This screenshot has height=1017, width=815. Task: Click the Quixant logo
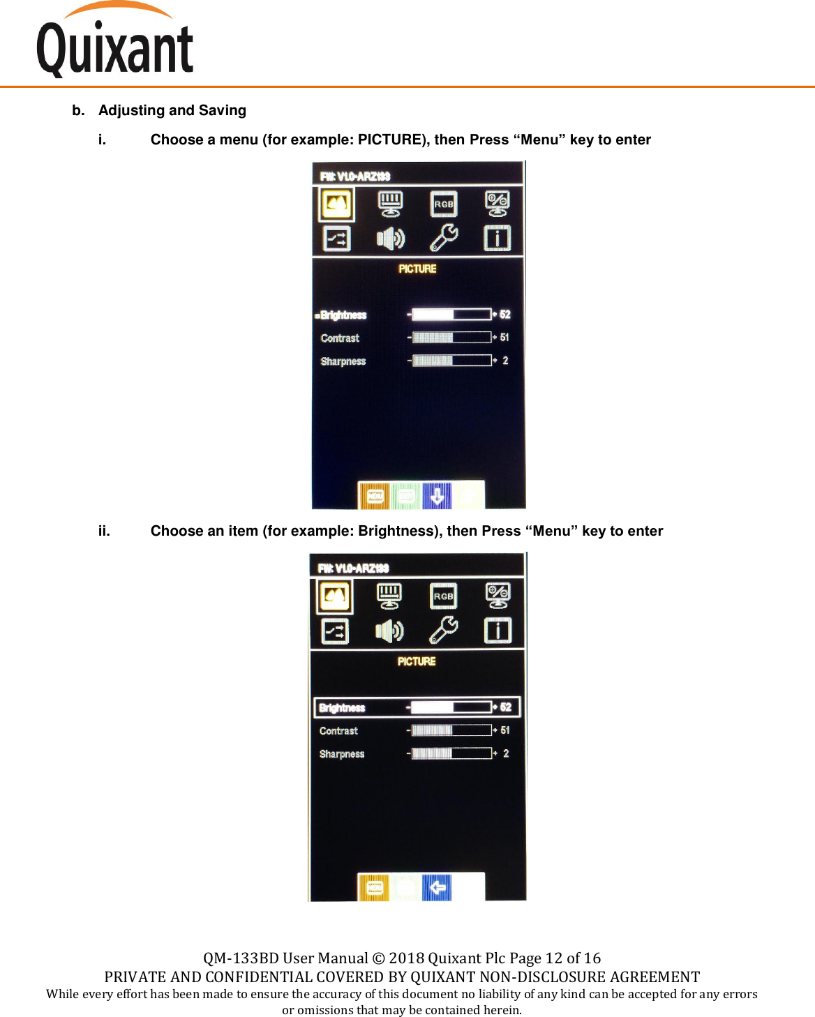[x=115, y=42]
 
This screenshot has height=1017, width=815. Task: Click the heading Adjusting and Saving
[x=172, y=110]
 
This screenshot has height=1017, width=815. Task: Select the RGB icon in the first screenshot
[x=444, y=204]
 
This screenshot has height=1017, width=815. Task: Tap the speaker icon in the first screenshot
[x=390, y=239]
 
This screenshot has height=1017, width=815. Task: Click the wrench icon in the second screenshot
[x=444, y=631]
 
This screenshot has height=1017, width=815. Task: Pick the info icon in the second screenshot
[x=498, y=631]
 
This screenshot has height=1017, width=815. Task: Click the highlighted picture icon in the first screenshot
[x=337, y=204]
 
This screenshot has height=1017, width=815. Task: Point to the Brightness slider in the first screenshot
[x=451, y=315]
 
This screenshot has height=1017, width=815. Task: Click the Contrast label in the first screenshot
[x=340, y=338]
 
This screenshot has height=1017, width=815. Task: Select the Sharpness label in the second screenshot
[x=342, y=754]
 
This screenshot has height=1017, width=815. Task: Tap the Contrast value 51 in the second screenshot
[x=505, y=730]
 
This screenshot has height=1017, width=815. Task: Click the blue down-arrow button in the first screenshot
[x=437, y=496]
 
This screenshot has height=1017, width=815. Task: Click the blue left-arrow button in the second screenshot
[x=437, y=888]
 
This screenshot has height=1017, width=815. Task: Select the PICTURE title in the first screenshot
[x=417, y=269]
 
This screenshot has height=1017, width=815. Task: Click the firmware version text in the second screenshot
[x=353, y=568]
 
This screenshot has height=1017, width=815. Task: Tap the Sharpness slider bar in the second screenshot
[x=451, y=753]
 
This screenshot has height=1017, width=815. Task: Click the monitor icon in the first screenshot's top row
[x=390, y=204]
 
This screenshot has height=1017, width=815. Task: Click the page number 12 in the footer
[x=554, y=958]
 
